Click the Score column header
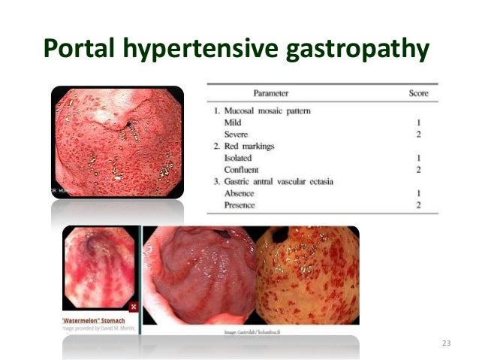tap(418, 92)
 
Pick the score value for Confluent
tap(418, 170)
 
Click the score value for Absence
tap(418, 193)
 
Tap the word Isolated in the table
tap(238, 158)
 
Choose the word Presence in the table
tap(239, 205)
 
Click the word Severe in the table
tap(236, 135)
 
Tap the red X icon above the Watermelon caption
tap(133, 307)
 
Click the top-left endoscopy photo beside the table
tap(116, 141)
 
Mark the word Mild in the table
tap(233, 123)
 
